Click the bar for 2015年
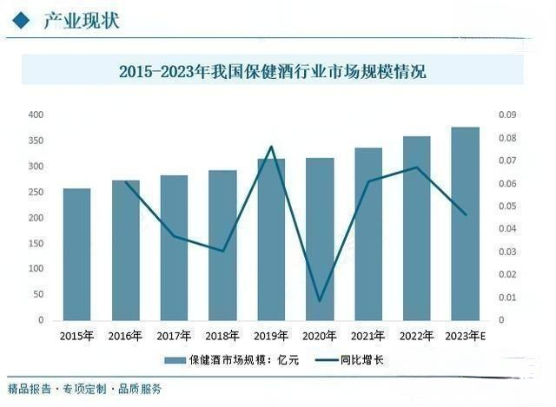[x=76, y=254]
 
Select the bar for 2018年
[x=222, y=246]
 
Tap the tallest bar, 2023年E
[x=466, y=224]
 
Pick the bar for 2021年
[x=368, y=234]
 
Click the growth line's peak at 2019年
[x=271, y=147]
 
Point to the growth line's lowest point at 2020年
[x=320, y=301]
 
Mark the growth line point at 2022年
[x=417, y=167]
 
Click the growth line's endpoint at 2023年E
[x=466, y=214]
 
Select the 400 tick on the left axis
[x=36, y=115]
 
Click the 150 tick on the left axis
[x=36, y=243]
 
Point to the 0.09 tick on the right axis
[x=507, y=115]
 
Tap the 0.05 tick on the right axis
[x=507, y=207]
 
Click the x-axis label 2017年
[x=174, y=336]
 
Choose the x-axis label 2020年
[x=319, y=336]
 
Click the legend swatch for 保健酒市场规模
[x=175, y=360]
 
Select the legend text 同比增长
[x=361, y=360]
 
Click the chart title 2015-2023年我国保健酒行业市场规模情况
[x=272, y=71]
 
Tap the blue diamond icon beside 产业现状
[x=21, y=20]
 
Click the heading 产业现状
[x=81, y=20]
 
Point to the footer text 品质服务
[x=139, y=389]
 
